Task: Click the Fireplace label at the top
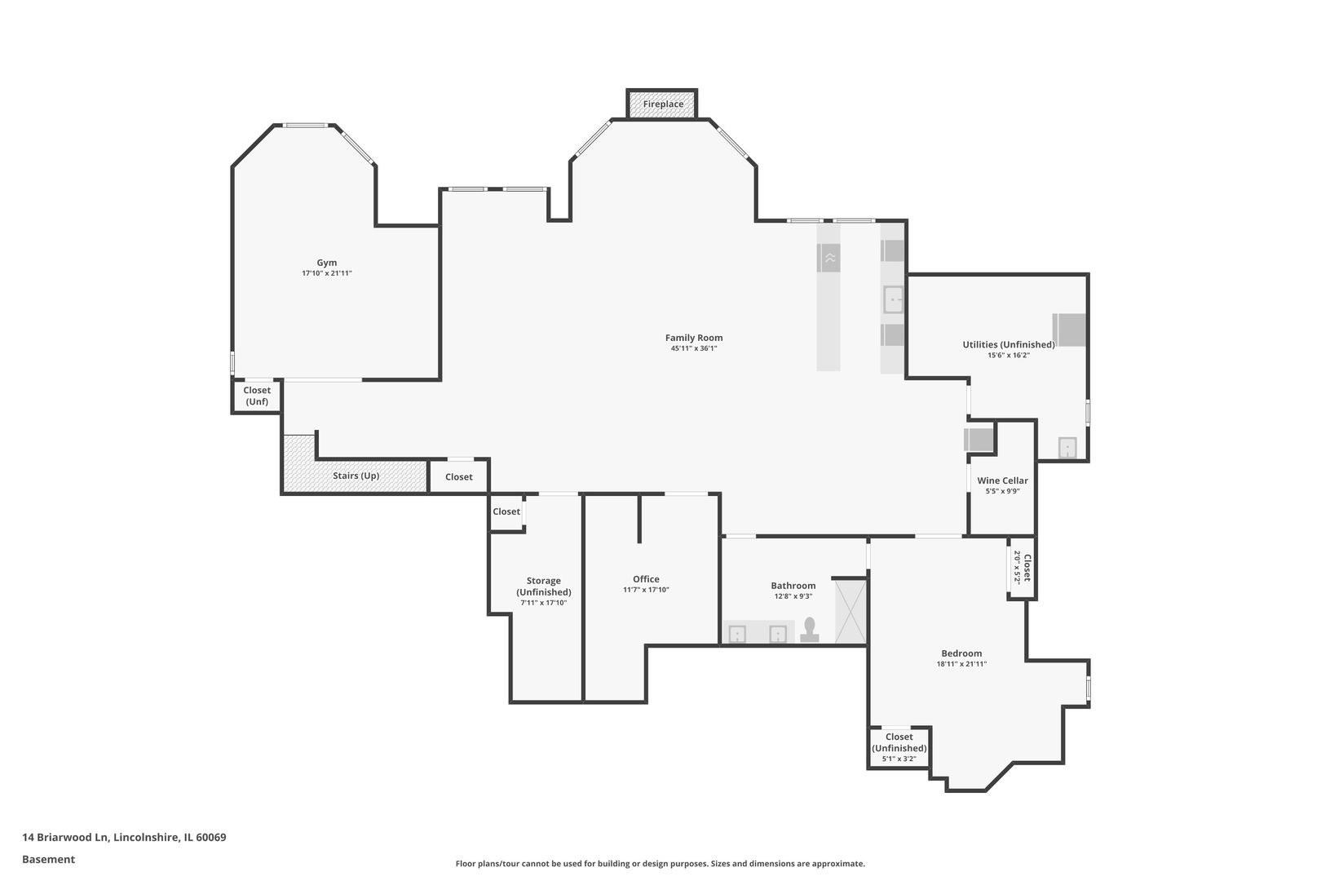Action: (x=663, y=104)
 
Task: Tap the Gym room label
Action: (x=327, y=263)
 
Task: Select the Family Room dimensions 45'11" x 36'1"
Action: (x=693, y=349)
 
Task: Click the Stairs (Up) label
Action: (x=356, y=476)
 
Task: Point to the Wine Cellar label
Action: (x=1002, y=481)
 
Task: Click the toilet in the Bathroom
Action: (x=810, y=630)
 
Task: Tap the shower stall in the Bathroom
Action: (x=850, y=612)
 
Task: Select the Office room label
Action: (x=647, y=579)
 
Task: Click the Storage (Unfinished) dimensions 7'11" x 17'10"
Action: (x=544, y=603)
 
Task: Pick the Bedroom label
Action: (x=962, y=653)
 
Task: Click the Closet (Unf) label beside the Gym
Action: (x=257, y=396)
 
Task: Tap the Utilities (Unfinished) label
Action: (x=1009, y=344)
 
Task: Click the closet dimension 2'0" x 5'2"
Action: (x=1018, y=567)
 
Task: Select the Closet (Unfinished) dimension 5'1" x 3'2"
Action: (x=899, y=759)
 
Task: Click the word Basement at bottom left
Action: (x=48, y=859)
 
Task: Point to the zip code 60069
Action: (x=211, y=837)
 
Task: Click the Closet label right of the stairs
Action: (x=459, y=476)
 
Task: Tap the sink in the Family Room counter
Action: (x=893, y=299)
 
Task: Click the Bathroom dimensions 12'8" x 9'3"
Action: (x=793, y=596)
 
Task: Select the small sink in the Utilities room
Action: (x=1067, y=447)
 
